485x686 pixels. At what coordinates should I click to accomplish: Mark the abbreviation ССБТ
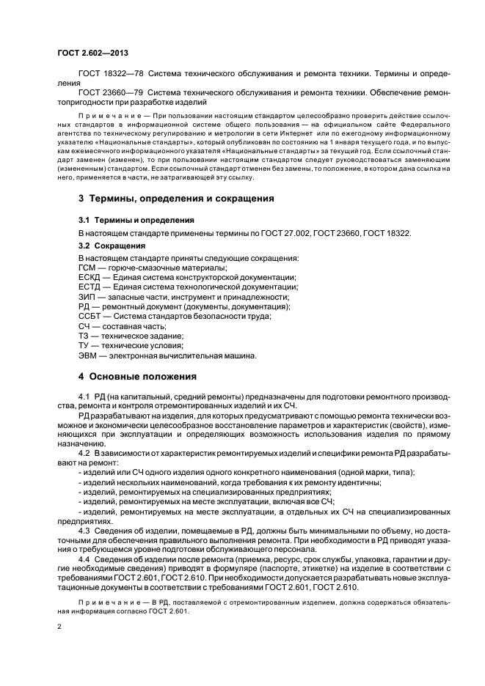coord(90,317)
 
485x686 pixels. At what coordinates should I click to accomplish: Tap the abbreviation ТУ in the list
coord(84,345)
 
